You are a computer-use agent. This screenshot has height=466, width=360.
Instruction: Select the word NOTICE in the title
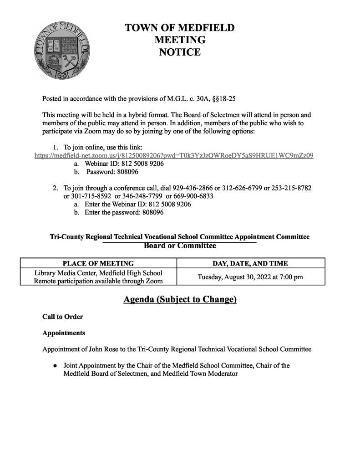(180, 52)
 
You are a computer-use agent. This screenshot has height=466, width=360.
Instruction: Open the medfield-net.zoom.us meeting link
(174, 155)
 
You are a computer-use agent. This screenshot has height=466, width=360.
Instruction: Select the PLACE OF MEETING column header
(98, 263)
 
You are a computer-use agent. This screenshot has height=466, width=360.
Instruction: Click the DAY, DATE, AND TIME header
(250, 263)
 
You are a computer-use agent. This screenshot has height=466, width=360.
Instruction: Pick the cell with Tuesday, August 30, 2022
(250, 277)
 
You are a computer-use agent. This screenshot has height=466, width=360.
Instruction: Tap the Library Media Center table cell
(98, 277)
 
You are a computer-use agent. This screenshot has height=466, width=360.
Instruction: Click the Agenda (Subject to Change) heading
(180, 300)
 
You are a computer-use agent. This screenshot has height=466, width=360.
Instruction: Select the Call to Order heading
(63, 317)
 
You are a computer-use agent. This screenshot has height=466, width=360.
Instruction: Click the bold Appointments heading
(64, 333)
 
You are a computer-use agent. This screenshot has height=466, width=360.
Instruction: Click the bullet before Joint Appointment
(54, 366)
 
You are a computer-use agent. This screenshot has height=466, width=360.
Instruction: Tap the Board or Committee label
(180, 246)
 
